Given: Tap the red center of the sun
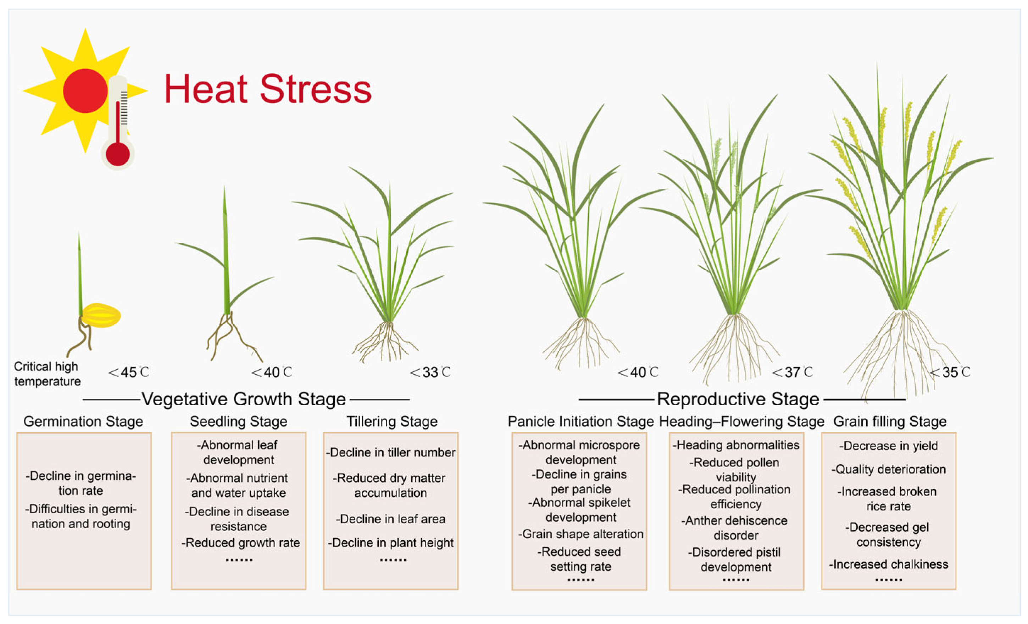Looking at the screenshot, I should point(85,90).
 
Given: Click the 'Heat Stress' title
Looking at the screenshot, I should point(267,89).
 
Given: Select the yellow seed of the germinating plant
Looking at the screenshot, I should point(101,315).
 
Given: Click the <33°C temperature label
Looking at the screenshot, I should point(430,372).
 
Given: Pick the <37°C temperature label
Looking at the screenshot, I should point(792,372).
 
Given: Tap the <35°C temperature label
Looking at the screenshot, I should point(950,372).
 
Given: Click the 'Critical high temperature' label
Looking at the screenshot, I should point(47,374).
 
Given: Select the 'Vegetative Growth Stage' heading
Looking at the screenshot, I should point(244,399).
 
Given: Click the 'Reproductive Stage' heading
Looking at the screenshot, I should point(738,399).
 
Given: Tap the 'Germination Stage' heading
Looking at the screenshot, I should point(83,421).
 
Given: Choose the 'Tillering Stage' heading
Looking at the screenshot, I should point(392,421).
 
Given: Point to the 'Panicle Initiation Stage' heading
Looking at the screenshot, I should point(580,421).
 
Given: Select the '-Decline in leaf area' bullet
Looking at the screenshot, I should point(390,519).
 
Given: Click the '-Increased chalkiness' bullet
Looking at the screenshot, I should point(888,564).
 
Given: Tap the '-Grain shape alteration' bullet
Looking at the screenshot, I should point(581,534).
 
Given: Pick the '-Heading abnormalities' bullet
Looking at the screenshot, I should point(736,445).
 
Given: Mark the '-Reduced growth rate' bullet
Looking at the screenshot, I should point(241,543).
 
